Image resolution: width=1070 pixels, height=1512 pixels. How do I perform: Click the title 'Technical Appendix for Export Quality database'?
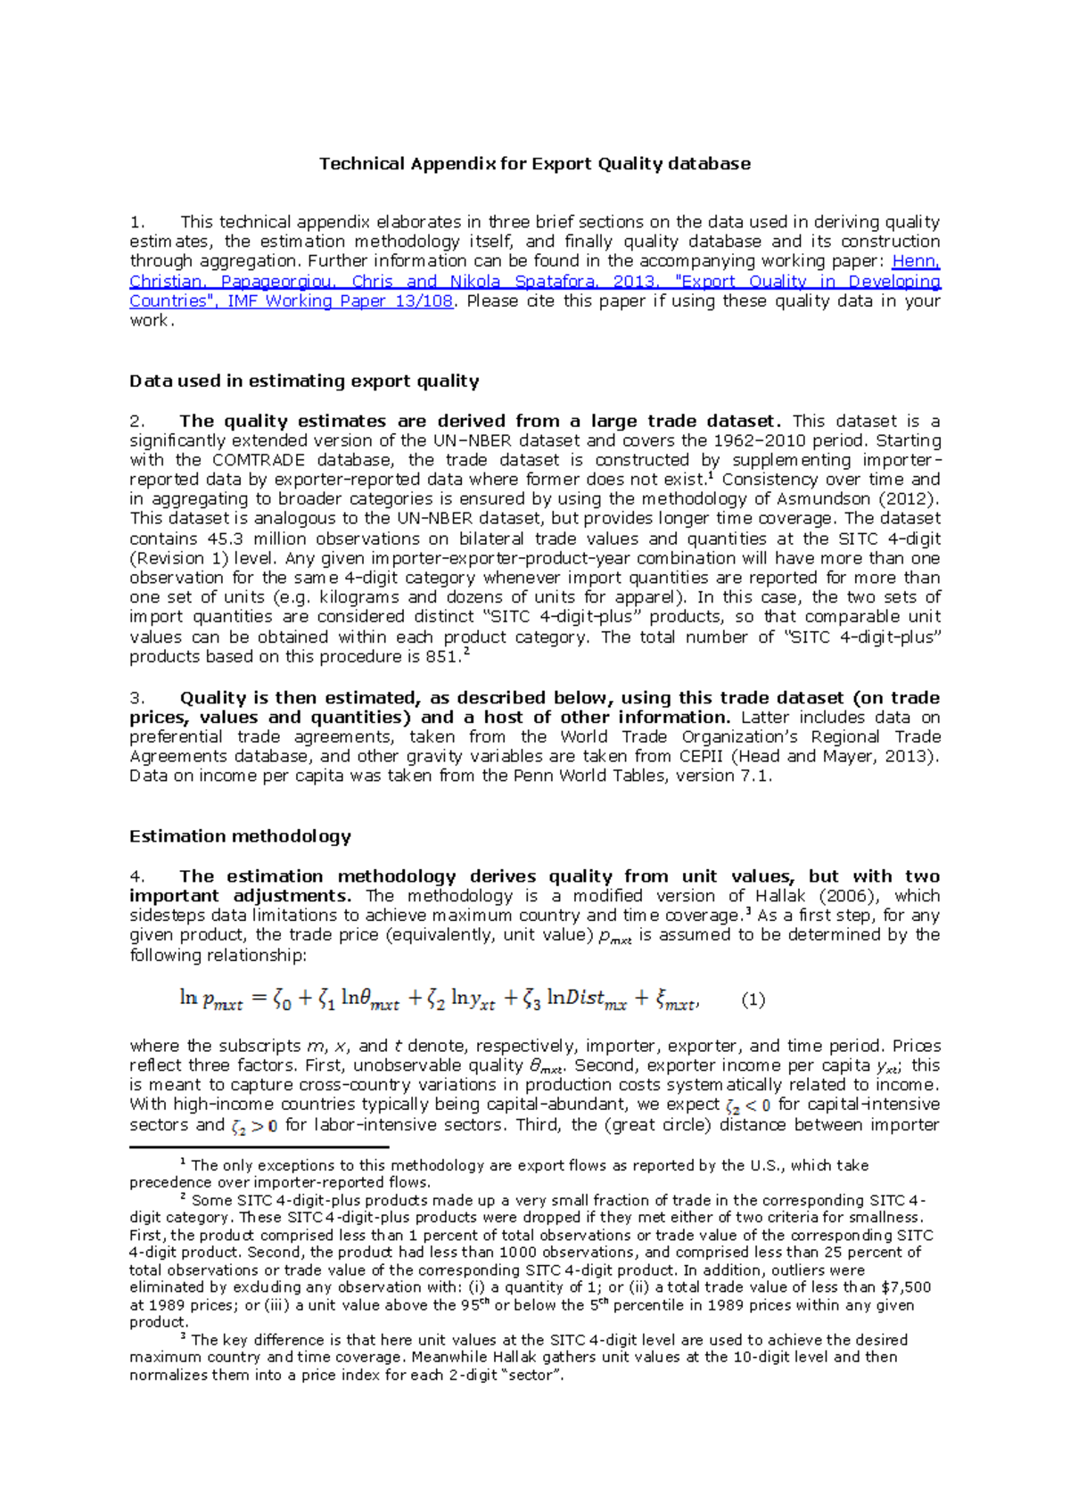tap(535, 164)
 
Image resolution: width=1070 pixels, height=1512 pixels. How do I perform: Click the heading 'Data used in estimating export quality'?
tap(304, 382)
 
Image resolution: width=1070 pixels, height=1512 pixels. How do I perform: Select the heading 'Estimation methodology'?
tap(240, 836)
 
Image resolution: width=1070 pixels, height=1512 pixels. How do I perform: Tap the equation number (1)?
tap(753, 1000)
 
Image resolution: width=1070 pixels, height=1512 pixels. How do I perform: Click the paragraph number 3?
tap(136, 698)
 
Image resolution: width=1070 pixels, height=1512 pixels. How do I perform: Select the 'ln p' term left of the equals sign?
tap(210, 999)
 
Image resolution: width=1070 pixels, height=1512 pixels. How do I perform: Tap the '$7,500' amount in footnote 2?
tap(906, 1287)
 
